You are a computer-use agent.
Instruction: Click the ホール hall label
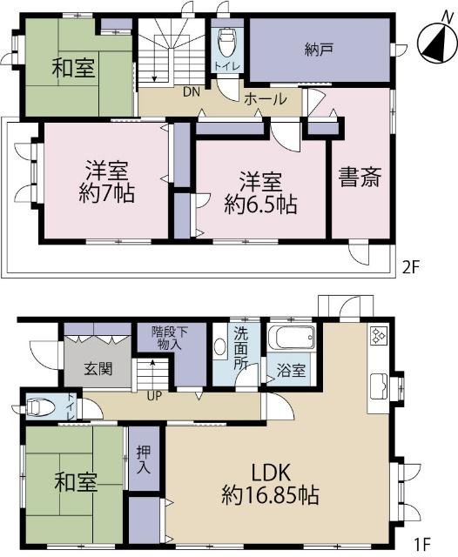click(266, 98)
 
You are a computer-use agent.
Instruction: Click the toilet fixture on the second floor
click(226, 40)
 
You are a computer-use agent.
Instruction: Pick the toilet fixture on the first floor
click(40, 406)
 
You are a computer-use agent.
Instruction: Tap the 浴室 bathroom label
click(292, 371)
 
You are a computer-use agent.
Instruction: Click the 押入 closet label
click(143, 459)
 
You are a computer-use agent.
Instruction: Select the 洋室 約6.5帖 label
click(260, 192)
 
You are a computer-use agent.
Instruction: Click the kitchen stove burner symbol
click(379, 337)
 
